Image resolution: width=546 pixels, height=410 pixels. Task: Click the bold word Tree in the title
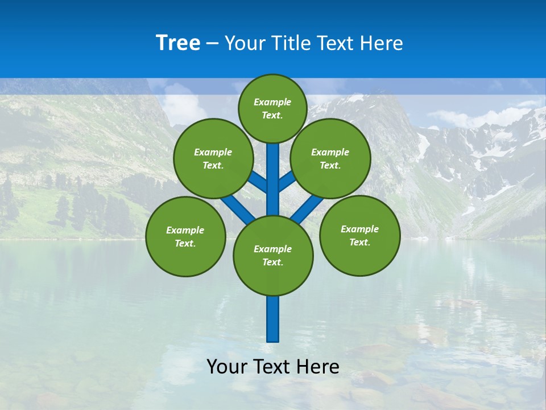coord(178,43)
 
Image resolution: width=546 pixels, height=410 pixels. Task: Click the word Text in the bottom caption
coord(273,367)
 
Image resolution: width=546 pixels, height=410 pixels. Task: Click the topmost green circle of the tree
coord(272,108)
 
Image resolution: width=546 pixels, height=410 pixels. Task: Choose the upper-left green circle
coord(213,158)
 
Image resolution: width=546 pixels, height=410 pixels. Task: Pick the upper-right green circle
coord(330,158)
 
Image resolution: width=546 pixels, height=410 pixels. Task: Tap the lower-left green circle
coord(185,236)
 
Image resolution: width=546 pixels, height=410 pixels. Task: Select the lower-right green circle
coord(359,235)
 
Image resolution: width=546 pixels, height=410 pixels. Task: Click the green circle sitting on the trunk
coord(273,256)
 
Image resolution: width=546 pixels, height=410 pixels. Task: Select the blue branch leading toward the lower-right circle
coord(307,209)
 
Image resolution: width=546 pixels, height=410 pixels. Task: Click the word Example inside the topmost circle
coord(272,102)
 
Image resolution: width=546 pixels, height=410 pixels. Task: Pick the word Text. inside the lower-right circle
coord(359,242)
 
